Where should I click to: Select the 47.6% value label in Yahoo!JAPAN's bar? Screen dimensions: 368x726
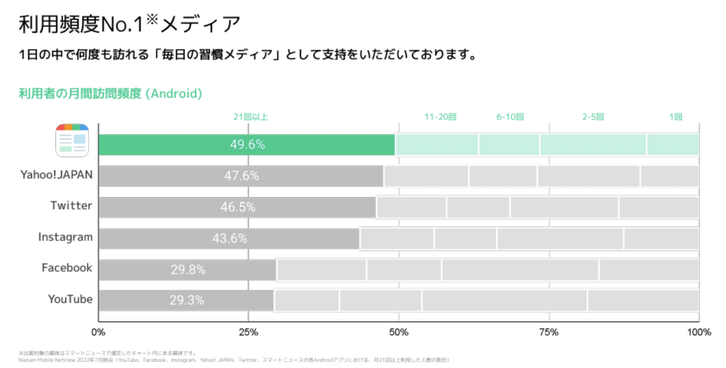(242, 176)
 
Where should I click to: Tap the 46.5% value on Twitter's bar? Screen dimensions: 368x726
(238, 207)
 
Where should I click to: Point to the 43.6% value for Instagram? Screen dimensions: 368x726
(229, 238)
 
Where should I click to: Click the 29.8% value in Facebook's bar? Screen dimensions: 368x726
(188, 270)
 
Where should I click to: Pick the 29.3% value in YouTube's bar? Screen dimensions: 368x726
(187, 301)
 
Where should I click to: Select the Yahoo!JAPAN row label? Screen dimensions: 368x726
(57, 174)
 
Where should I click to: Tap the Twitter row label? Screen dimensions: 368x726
(71, 206)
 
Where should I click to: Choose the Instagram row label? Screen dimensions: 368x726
(65, 237)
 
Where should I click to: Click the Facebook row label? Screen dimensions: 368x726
(67, 268)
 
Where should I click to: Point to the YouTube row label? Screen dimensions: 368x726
(69, 299)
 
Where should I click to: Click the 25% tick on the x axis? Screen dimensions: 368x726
(248, 332)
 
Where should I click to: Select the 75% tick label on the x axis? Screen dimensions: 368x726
(548, 332)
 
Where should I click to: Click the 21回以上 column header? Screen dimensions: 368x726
(251, 117)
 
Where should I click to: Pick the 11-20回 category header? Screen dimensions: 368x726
(440, 117)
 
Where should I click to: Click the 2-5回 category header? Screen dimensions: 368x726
(593, 117)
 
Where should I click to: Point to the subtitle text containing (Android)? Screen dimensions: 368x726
(110, 92)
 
